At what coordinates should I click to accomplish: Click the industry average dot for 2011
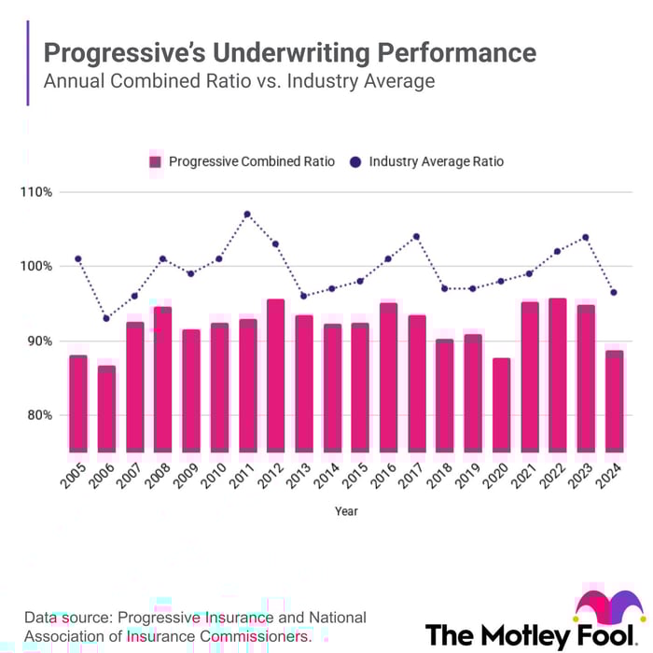click(247, 215)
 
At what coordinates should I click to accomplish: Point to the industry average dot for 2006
click(106, 318)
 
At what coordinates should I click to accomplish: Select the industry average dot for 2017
click(416, 236)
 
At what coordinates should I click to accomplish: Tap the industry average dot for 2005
click(78, 258)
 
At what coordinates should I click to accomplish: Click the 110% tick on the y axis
click(37, 192)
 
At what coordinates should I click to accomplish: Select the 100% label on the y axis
click(37, 266)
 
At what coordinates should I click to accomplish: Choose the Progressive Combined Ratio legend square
click(155, 161)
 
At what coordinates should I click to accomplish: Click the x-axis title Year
click(346, 511)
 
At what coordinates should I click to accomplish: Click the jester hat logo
click(609, 610)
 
